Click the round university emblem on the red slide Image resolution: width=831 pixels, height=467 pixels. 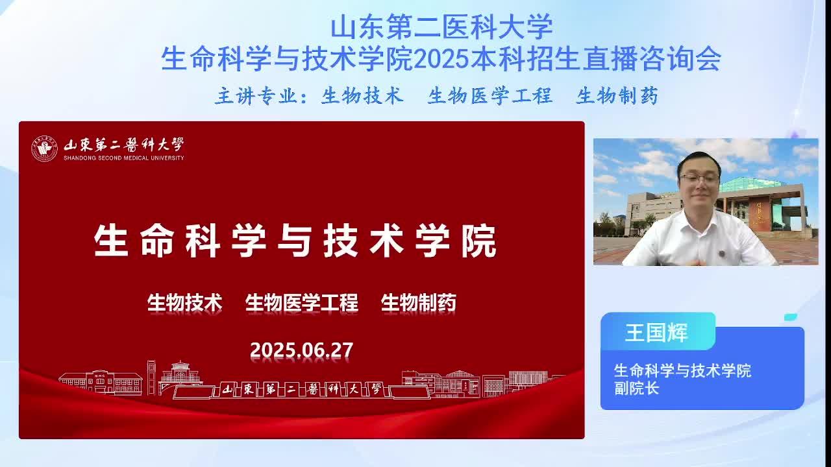[45, 149]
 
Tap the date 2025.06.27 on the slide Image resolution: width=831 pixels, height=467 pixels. [302, 350]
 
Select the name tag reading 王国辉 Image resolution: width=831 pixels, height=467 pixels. [656, 333]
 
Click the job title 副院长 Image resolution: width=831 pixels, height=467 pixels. [636, 389]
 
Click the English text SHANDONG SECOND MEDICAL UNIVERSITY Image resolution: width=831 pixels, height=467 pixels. [123, 158]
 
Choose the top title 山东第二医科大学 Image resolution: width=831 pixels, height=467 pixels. [441, 27]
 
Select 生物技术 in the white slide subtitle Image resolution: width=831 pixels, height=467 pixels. [185, 302]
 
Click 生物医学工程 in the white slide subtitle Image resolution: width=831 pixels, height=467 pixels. [302, 302]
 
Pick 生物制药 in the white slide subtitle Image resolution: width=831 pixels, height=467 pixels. [419, 302]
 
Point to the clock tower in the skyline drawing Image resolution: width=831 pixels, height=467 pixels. [151, 377]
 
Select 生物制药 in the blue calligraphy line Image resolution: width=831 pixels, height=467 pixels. [617, 96]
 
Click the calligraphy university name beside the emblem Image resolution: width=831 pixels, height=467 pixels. [123, 145]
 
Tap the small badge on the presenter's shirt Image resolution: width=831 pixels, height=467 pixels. [721, 254]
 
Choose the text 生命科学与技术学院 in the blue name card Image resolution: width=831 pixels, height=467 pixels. [682, 370]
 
